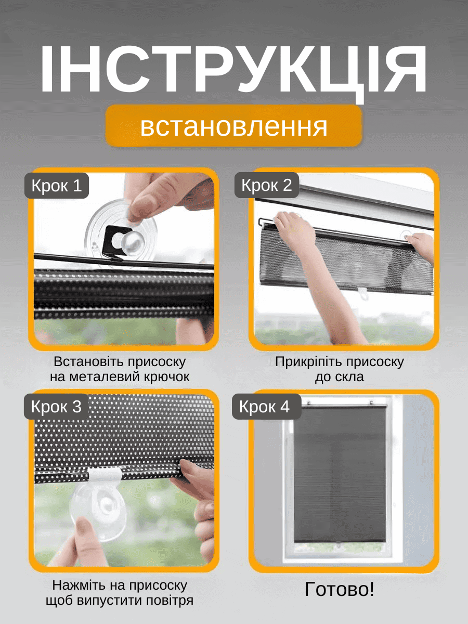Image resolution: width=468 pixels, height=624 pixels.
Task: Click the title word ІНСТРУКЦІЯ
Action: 233,70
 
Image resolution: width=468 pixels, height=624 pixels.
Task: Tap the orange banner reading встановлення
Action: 233,126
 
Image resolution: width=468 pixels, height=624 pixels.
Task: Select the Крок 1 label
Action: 57,185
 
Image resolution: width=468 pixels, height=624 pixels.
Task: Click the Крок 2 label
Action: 267,185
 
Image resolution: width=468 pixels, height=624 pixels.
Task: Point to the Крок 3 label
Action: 56,406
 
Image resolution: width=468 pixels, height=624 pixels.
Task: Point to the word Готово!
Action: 340,589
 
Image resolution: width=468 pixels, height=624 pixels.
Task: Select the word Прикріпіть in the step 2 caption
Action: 309,362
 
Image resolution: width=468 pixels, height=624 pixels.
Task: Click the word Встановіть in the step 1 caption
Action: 89,362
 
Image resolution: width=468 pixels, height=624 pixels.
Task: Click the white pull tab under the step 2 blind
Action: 363,293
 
